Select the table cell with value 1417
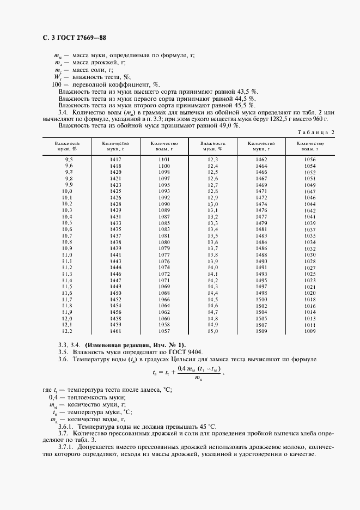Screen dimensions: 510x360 coord(115,159)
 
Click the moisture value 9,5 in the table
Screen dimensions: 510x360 coord(69,159)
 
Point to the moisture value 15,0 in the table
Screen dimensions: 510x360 coord(212,331)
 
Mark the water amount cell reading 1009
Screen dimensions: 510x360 coord(310,331)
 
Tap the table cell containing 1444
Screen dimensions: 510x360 coord(115,268)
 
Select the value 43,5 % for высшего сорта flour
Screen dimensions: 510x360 coord(247,92)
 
